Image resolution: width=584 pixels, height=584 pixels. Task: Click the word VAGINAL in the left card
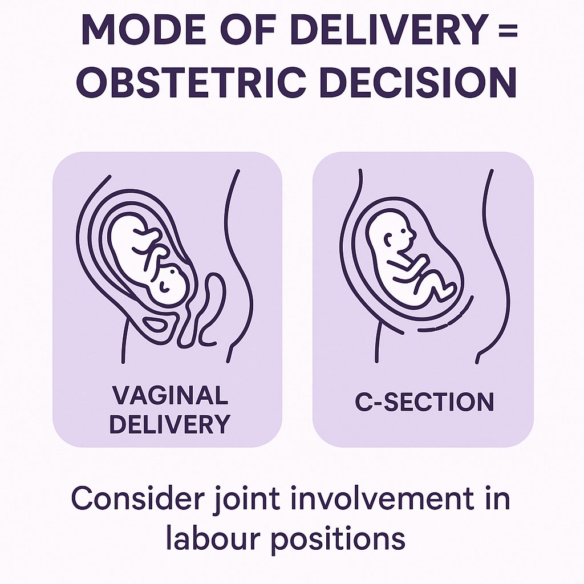tap(169, 395)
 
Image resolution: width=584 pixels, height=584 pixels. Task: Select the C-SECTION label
tap(424, 403)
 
